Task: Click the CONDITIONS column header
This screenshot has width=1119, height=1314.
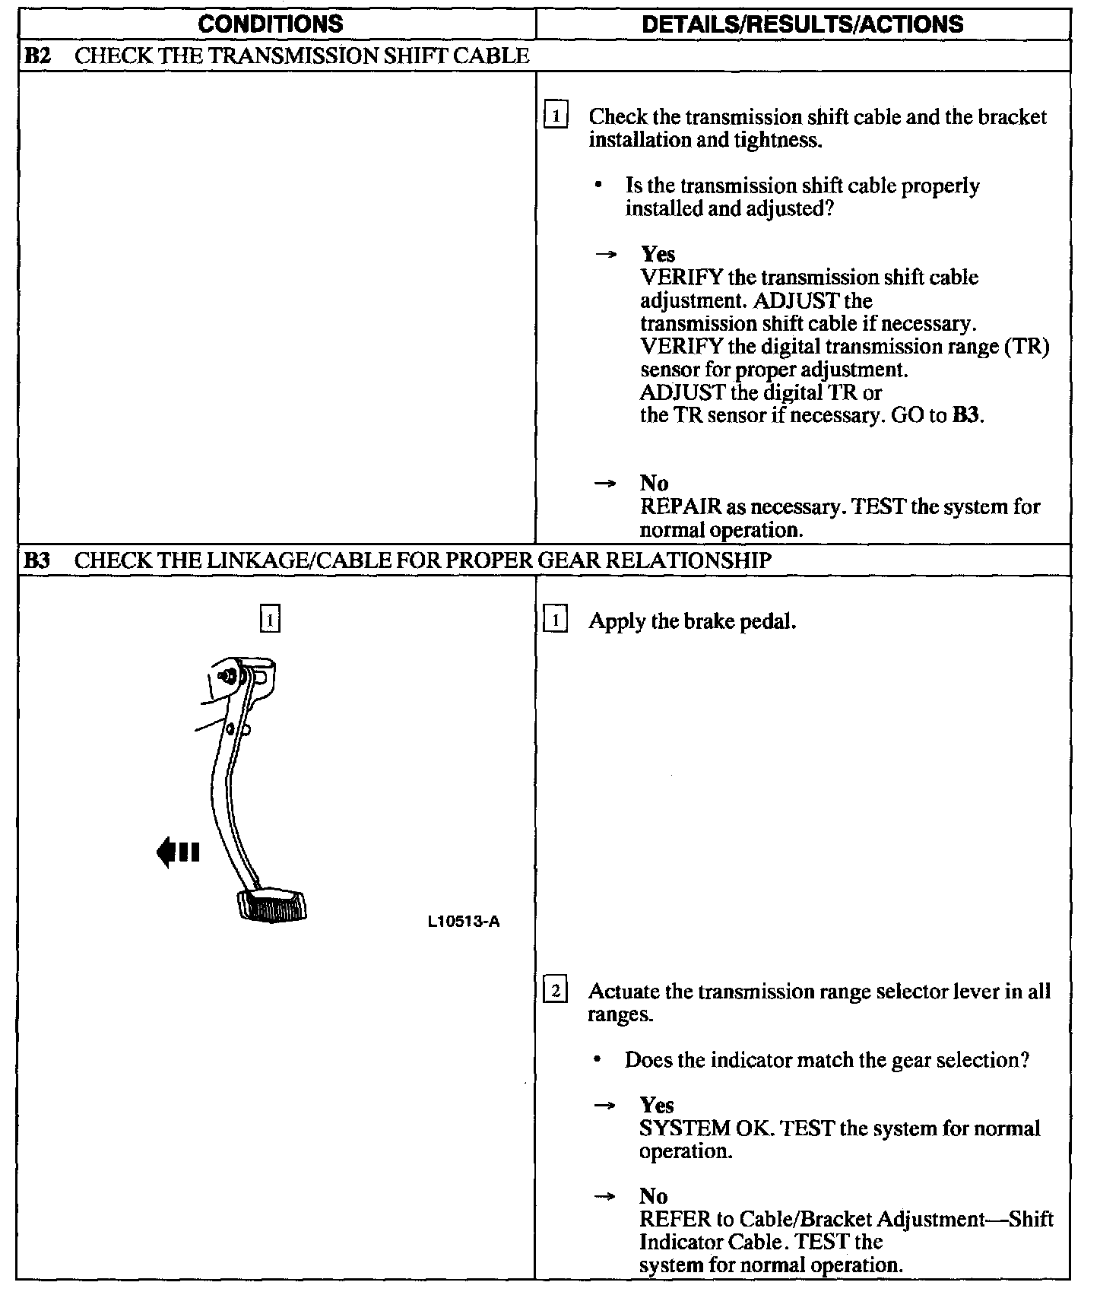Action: (270, 24)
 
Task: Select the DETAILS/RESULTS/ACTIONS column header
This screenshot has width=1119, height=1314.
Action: (802, 24)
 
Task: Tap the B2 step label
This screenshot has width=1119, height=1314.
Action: (36, 56)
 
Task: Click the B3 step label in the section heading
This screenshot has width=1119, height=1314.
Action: (36, 560)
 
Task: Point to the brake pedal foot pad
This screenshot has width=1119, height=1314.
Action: (272, 905)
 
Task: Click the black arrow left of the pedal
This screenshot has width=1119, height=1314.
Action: (177, 852)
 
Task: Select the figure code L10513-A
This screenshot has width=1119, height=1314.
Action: (463, 922)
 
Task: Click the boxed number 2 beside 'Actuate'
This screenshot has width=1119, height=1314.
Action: (556, 991)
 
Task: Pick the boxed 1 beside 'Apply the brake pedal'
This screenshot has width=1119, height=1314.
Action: (556, 621)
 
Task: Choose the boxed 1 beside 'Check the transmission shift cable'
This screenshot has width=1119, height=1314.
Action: (556, 116)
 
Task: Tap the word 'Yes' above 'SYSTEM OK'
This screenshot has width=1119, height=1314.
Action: (657, 1105)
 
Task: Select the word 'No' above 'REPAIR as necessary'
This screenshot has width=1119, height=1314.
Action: (654, 483)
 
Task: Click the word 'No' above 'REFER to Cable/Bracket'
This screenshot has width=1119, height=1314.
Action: (654, 1196)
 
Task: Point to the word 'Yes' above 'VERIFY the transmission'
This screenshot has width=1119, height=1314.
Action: (658, 254)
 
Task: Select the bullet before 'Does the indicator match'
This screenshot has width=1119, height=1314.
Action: (599, 1059)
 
